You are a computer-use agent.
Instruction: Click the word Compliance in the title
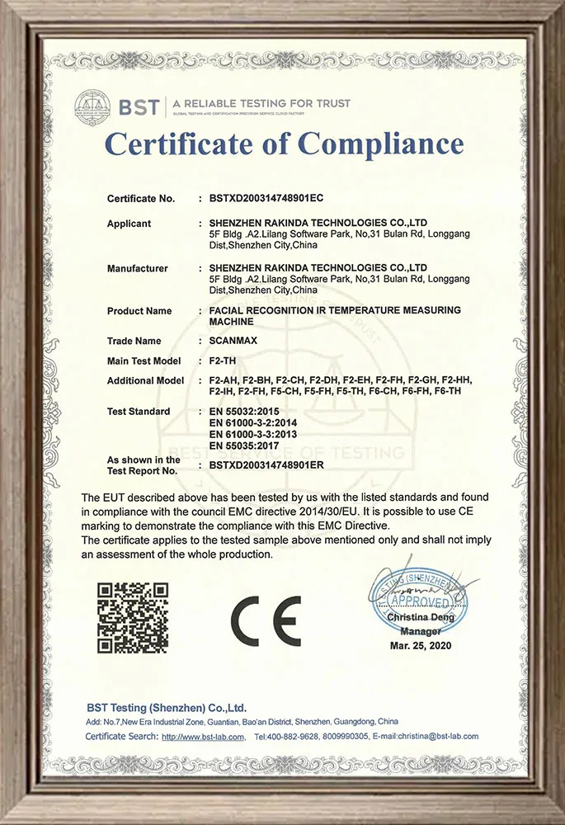381,144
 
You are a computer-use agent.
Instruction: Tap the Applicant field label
129,224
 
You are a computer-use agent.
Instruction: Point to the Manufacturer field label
137,268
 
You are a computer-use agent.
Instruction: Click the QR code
133,617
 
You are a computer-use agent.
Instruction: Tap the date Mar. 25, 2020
421,645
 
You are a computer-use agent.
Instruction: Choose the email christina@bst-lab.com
438,737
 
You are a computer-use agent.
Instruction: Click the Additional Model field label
145,381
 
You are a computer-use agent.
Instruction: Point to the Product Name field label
139,311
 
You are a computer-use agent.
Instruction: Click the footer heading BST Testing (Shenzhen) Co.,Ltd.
167,708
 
